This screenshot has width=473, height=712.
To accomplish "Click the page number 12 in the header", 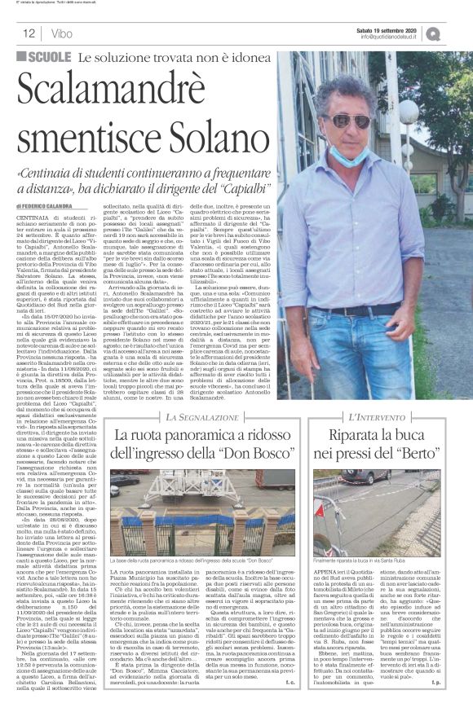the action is point(28,34).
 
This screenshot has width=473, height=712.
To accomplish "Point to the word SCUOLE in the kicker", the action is point(47,58).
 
